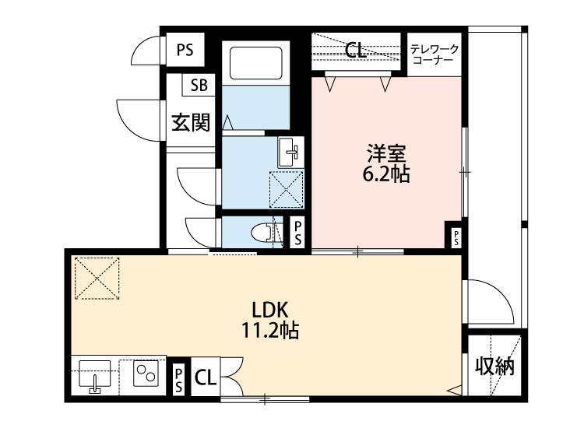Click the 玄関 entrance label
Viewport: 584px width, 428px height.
[x=190, y=122]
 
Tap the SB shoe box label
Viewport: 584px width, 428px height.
[x=199, y=84]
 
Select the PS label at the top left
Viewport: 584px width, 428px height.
[x=185, y=51]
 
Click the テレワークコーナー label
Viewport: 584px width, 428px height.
[x=435, y=54]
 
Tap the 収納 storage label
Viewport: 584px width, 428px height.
[x=495, y=366]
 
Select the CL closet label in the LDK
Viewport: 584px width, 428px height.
[x=206, y=379]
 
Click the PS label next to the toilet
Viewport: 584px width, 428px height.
[x=298, y=232]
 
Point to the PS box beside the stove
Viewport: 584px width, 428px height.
[x=178, y=379]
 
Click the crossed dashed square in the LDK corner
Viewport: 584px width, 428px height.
[x=97, y=279]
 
